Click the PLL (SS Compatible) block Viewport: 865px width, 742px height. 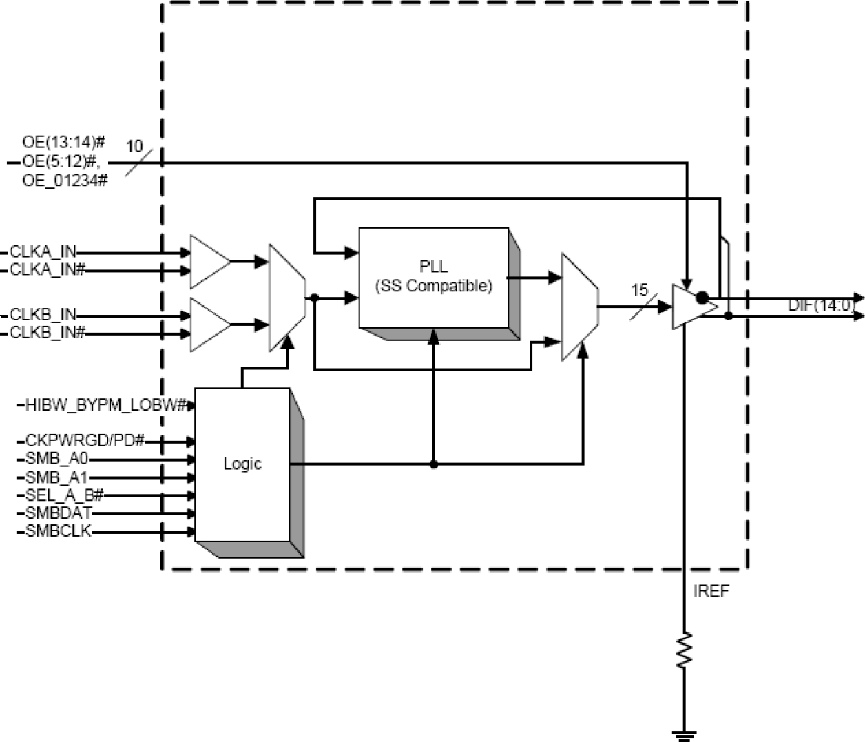(x=434, y=277)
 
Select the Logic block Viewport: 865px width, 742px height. (x=242, y=464)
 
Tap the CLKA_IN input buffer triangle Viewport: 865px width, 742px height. (x=208, y=262)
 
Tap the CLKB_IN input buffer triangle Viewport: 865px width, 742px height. (x=208, y=324)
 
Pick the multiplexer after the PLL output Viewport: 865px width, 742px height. (x=579, y=307)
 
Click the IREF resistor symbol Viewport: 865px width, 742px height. (x=684, y=649)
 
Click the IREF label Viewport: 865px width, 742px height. (x=711, y=591)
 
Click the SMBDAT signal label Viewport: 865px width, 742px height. (x=59, y=513)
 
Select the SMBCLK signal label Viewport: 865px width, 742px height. (x=59, y=531)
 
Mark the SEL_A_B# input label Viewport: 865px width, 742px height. (x=64, y=495)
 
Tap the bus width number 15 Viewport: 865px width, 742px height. (x=640, y=290)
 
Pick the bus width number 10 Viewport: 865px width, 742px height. (x=134, y=146)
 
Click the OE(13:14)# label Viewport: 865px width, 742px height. (x=63, y=143)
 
